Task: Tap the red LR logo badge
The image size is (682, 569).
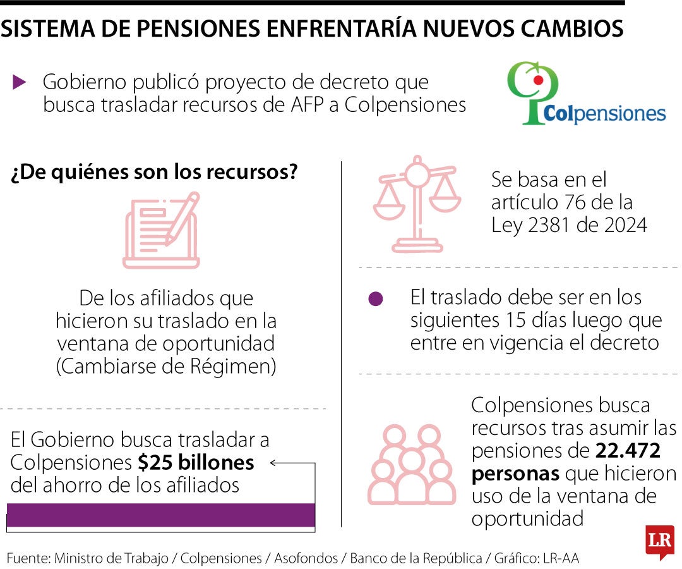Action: point(660,541)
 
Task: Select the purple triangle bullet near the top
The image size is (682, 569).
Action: point(20,81)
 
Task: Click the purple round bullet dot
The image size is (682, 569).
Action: point(376,299)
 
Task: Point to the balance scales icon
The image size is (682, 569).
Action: point(416,204)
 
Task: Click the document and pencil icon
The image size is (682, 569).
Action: point(162,231)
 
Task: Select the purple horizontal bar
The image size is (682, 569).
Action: point(161,515)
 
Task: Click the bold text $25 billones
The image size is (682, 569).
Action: point(196,463)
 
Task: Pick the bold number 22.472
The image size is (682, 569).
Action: point(628,451)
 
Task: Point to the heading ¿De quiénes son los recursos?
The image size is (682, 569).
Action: point(154,173)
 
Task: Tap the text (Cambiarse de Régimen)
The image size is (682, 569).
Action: point(167,367)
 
